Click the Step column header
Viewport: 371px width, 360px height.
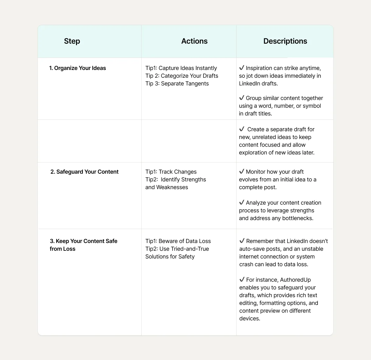pyautogui.click(x=72, y=41)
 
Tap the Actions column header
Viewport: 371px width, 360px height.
pyautogui.click(x=194, y=41)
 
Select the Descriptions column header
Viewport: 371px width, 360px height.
pyautogui.click(x=285, y=41)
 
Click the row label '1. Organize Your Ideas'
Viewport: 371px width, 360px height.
pyautogui.click(x=78, y=68)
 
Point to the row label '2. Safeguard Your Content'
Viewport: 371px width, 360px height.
pyautogui.click(x=84, y=172)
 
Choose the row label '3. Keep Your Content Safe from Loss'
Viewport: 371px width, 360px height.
pyautogui.click(x=83, y=245)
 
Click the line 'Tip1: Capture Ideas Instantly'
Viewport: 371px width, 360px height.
pyautogui.click(x=181, y=68)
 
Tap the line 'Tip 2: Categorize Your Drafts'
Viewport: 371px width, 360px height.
pyautogui.click(x=182, y=76)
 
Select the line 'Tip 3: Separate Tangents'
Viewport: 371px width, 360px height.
pyautogui.click(x=177, y=84)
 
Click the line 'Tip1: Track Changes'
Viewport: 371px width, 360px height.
pyautogui.click(x=171, y=172)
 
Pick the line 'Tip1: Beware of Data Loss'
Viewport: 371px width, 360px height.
pyautogui.click(x=178, y=241)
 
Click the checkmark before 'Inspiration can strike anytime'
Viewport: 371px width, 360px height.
pyautogui.click(x=242, y=68)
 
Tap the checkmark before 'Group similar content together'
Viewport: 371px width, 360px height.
pyautogui.click(x=242, y=98)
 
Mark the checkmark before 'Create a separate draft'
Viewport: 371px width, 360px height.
pyautogui.click(x=242, y=129)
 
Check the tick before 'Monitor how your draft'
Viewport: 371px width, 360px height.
pyautogui.click(x=242, y=171)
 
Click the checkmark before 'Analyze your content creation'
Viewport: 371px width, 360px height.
pyautogui.click(x=242, y=202)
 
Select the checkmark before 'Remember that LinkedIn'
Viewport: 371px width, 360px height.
pyautogui.click(x=242, y=241)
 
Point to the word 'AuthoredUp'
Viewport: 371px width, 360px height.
pyautogui.click(x=295, y=280)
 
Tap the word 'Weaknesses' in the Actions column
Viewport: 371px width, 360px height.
pyautogui.click(x=172, y=187)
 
